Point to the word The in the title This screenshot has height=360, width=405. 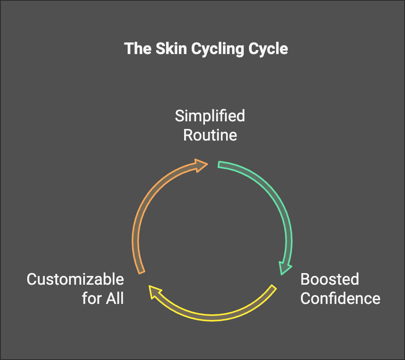pyautogui.click(x=136, y=49)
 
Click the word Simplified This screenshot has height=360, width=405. pyautogui.click(x=210, y=116)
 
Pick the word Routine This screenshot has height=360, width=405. pyautogui.click(x=210, y=135)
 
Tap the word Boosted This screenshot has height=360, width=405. pyautogui.click(x=329, y=279)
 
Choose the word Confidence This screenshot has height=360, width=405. pyautogui.click(x=340, y=298)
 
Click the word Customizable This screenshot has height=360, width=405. pyautogui.click(x=75, y=279)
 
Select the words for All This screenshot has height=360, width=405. pyautogui.click(x=103, y=298)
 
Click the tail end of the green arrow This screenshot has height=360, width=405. pyautogui.click(x=221, y=165)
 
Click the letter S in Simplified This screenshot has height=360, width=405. pyautogui.click(x=179, y=116)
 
